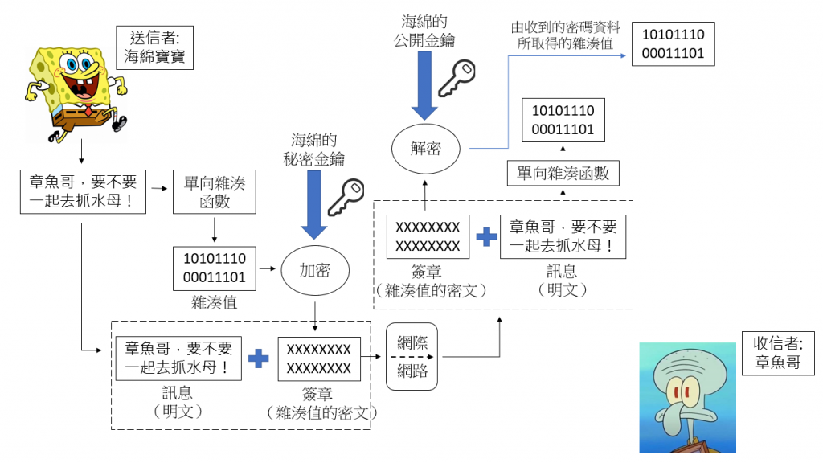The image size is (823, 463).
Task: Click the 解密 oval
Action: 425,149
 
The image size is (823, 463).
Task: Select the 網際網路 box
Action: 412,357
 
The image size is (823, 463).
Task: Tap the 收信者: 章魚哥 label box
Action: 777,352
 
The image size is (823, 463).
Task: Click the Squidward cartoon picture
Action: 686,397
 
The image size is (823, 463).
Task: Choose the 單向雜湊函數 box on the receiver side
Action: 563,173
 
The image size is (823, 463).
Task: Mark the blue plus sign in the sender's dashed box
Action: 258,359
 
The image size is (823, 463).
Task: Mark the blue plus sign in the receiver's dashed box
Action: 485,237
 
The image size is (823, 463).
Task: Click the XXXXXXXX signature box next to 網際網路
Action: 318,359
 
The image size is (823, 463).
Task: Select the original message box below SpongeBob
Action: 83,191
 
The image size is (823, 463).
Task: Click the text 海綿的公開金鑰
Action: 425,29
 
